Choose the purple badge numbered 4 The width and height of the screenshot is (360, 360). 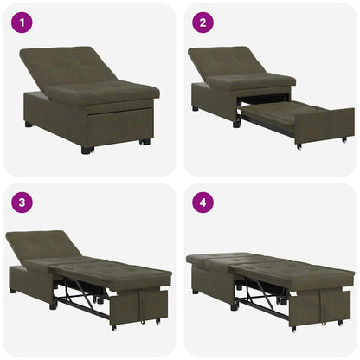[x=202, y=202]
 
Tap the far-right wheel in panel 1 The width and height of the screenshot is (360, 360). [x=145, y=141]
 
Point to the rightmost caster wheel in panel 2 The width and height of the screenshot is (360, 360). [x=344, y=139]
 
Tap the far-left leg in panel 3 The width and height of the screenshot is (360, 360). [x=13, y=291]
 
